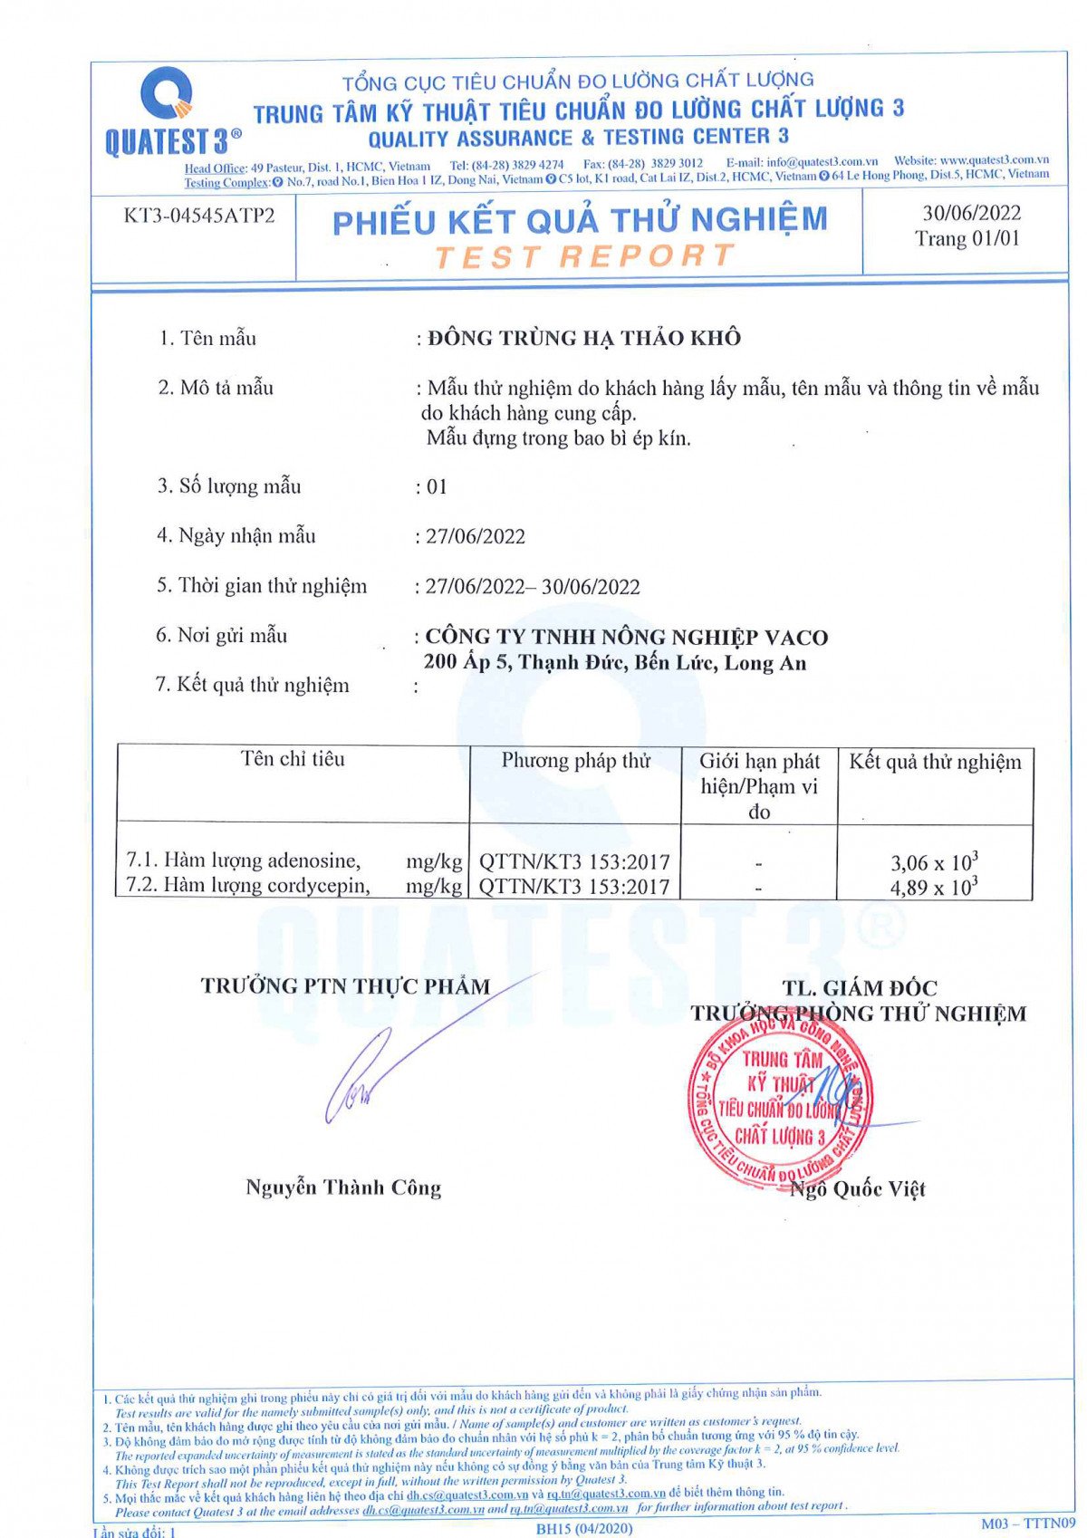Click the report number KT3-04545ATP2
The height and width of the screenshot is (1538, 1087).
point(199,216)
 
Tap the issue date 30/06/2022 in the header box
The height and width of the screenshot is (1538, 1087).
point(971,213)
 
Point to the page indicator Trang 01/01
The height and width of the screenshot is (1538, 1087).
point(967,238)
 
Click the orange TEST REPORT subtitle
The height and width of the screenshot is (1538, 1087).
point(583,256)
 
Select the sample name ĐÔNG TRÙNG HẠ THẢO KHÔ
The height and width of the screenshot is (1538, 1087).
point(584,338)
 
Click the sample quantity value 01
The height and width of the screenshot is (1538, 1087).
point(437,487)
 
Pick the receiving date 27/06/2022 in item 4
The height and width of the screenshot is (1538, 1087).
point(476,536)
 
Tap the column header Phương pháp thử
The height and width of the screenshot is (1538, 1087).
point(576,761)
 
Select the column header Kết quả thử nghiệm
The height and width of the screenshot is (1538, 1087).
point(935,762)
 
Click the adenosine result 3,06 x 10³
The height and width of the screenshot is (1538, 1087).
point(934,861)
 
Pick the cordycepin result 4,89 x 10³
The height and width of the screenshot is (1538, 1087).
point(934,887)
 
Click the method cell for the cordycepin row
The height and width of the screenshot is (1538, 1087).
point(574,887)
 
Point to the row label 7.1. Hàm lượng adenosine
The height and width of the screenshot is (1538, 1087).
point(244,860)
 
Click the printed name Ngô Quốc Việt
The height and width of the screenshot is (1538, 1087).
point(858,1189)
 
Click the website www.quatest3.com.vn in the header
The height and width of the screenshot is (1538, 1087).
point(994,160)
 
